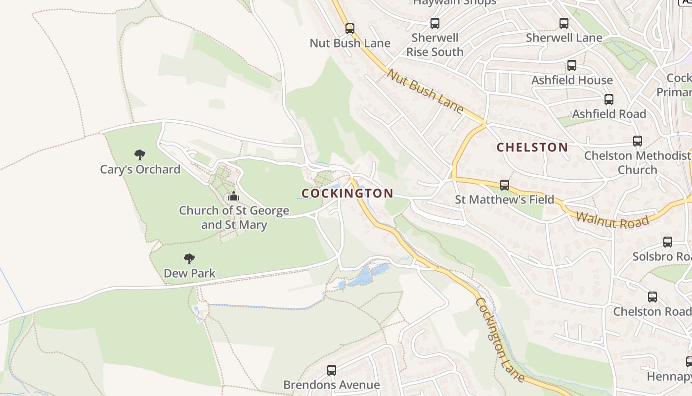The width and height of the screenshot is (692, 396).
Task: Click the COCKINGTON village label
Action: (347, 194)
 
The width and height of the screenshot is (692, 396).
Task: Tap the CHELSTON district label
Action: (532, 147)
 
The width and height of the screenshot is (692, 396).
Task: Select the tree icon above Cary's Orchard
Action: (140, 155)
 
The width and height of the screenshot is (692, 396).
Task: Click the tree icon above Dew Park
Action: (189, 258)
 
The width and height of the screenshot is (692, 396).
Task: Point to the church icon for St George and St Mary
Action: (234, 196)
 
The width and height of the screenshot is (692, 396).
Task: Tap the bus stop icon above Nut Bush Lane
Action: (350, 29)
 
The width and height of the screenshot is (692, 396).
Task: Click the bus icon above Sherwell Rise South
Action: (435, 23)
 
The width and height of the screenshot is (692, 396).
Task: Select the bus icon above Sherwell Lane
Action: (564, 23)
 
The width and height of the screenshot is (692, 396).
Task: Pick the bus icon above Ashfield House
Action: (572, 65)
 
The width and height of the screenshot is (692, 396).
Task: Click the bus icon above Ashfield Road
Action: (609, 99)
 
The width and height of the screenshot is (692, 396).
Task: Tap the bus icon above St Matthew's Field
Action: (505, 185)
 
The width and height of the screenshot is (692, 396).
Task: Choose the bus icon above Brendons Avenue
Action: (332, 370)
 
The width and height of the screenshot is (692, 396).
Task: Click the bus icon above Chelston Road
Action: (652, 297)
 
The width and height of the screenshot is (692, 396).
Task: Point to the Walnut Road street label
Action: (612, 219)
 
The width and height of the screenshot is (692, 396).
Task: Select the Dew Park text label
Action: (190, 273)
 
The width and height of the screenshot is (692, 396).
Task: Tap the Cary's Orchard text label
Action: (140, 170)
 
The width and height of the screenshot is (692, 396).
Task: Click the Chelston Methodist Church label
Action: (638, 163)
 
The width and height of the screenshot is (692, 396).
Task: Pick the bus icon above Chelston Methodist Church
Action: (638, 141)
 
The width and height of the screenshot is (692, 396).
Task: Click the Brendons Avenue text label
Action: (332, 385)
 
